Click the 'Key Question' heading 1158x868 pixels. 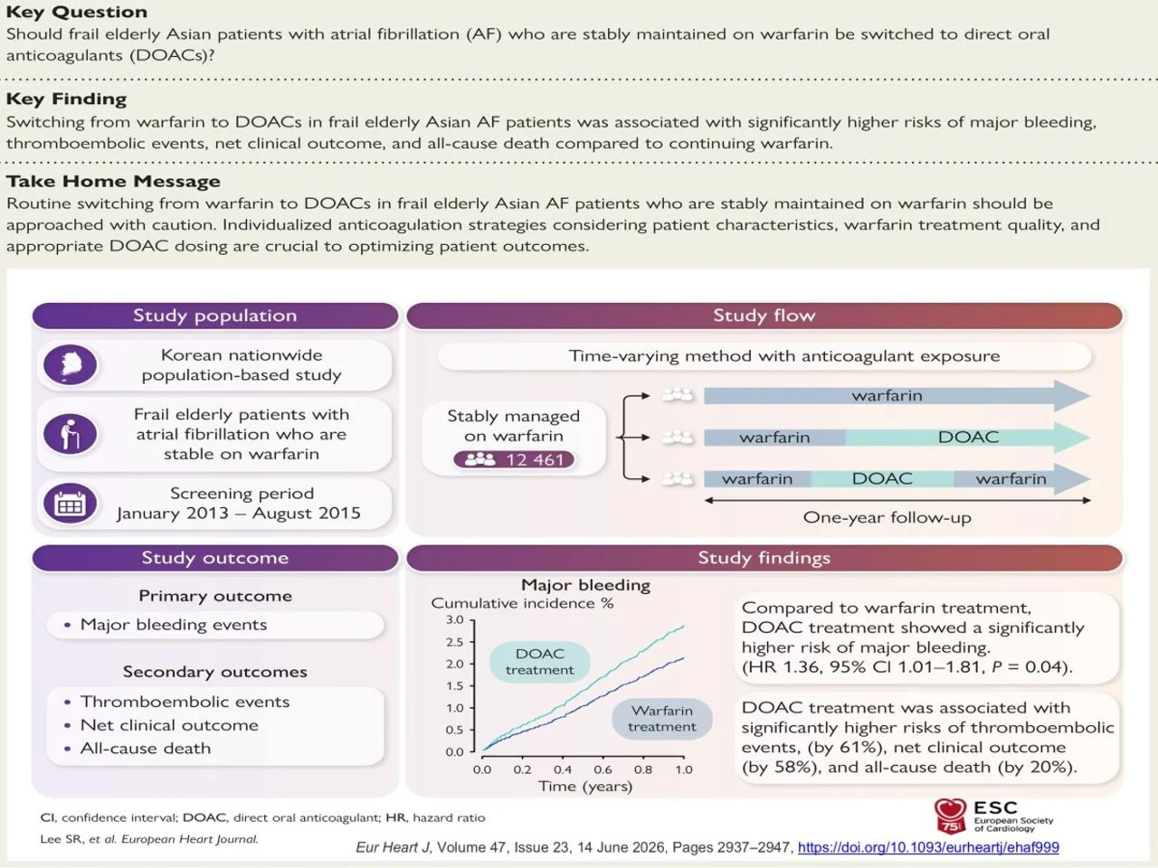pyautogui.click(x=77, y=12)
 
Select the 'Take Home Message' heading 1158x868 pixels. pyautogui.click(x=113, y=181)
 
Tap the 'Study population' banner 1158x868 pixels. pyautogui.click(x=215, y=316)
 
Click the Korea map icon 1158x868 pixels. pyautogui.click(x=71, y=364)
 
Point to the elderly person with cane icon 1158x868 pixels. pyautogui.click(x=71, y=434)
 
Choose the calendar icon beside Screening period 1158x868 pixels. pyautogui.click(x=71, y=504)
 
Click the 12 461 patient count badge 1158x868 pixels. pyautogui.click(x=514, y=459)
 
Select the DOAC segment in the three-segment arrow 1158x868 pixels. pyautogui.click(x=882, y=478)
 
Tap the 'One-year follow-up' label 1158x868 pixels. pyautogui.click(x=887, y=517)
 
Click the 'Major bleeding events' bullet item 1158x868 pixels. pyautogui.click(x=174, y=625)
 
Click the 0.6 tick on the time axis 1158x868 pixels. pyautogui.click(x=603, y=769)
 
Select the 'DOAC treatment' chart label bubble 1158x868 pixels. pyautogui.click(x=540, y=662)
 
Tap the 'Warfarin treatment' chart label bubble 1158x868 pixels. pyautogui.click(x=662, y=719)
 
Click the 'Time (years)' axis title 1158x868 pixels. pyautogui.click(x=585, y=787)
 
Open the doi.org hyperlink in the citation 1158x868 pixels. pyautogui.click(x=928, y=847)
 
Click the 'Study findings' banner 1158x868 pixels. pyautogui.click(x=764, y=558)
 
